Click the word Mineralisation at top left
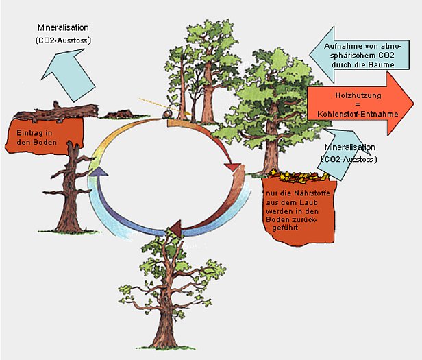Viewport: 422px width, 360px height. tap(64, 28)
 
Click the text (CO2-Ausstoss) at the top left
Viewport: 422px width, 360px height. tap(62, 41)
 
